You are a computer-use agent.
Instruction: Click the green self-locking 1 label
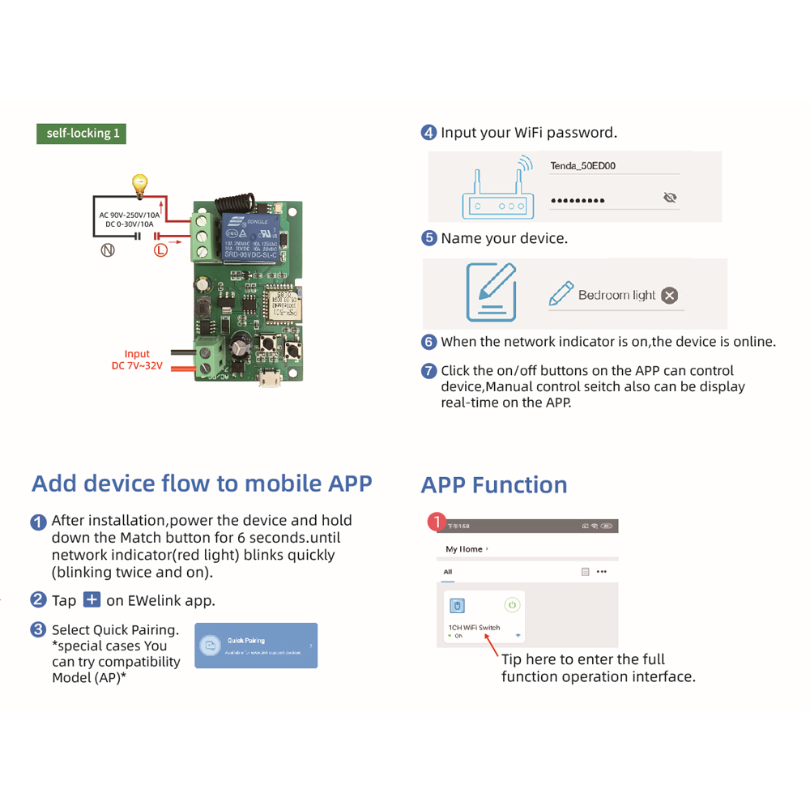point(81,134)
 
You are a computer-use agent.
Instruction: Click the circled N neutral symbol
point(107,249)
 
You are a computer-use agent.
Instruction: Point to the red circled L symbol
point(160,249)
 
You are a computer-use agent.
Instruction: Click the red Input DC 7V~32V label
point(137,360)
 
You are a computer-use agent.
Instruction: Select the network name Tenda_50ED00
point(583,166)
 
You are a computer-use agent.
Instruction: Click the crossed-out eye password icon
point(670,198)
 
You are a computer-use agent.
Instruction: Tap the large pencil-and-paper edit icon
point(491,292)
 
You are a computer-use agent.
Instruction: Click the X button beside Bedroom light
point(669,296)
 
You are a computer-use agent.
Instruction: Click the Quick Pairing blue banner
point(256,646)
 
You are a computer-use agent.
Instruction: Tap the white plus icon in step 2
point(92,600)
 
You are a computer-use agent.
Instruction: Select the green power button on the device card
point(512,605)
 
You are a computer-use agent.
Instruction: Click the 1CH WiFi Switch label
point(474,627)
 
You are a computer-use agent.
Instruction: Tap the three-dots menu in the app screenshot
point(601,572)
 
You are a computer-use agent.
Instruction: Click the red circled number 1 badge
point(437,522)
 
